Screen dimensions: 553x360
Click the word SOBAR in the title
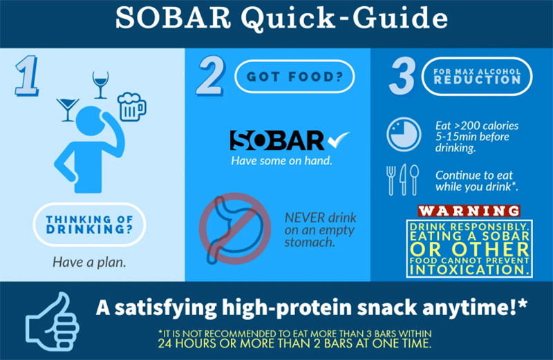point(173,18)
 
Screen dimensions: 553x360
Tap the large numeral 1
point(27,75)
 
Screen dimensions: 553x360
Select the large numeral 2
point(211,75)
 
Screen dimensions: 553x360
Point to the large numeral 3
point(402,75)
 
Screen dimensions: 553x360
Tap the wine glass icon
point(100,85)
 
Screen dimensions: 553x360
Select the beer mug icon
point(131,106)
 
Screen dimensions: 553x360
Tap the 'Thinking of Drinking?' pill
point(89,225)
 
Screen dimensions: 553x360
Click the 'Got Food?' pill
point(294,77)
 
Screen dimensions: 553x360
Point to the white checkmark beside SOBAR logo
point(338,140)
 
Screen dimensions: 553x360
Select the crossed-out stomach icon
point(235,229)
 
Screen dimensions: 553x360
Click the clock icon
point(404,134)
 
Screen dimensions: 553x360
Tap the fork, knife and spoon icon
point(403,180)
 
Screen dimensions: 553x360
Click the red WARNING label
point(469,211)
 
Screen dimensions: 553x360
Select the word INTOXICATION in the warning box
point(469,270)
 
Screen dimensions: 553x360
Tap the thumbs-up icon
point(53,321)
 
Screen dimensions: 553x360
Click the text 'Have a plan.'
point(89,262)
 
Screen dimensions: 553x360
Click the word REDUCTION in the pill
point(477,79)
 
